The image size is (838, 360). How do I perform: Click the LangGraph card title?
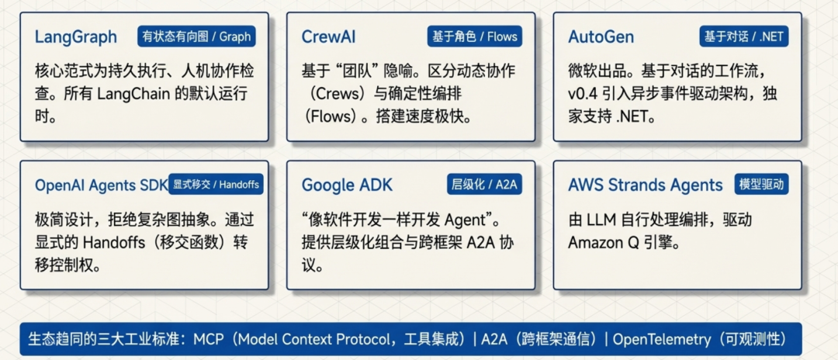(x=76, y=37)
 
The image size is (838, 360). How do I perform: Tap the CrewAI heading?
(x=329, y=37)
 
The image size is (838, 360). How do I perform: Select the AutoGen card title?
(x=601, y=37)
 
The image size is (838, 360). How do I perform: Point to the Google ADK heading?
(x=347, y=185)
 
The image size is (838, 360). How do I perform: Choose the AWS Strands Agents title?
(x=645, y=185)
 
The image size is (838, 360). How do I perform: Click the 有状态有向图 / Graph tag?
(x=196, y=36)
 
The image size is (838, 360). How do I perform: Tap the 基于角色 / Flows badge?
(x=473, y=36)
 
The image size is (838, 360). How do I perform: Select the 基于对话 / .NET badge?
(x=743, y=36)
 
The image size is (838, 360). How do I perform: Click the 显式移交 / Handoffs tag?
(x=215, y=185)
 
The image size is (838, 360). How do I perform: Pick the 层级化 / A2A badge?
(x=483, y=185)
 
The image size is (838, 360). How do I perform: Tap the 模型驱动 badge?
(x=762, y=185)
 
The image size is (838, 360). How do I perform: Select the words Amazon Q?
(x=604, y=243)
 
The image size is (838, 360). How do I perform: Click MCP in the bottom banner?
(x=209, y=340)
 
